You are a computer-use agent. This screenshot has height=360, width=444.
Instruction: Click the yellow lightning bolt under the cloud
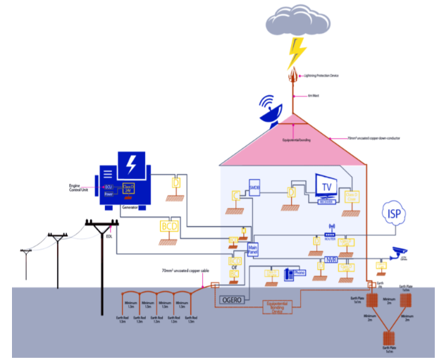pyautogui.click(x=297, y=52)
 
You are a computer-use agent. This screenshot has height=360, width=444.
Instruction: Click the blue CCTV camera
pyautogui.click(x=400, y=252)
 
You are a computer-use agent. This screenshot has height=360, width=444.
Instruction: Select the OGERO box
pyautogui.click(x=231, y=300)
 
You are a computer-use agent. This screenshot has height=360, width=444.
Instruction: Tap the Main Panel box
pyautogui.click(x=254, y=252)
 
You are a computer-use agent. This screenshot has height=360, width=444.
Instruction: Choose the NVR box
pyautogui.click(x=331, y=261)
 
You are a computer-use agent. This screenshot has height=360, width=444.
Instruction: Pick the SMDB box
pyautogui.click(x=254, y=187)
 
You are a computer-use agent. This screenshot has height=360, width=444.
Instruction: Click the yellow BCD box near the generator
pyautogui.click(x=170, y=226)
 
